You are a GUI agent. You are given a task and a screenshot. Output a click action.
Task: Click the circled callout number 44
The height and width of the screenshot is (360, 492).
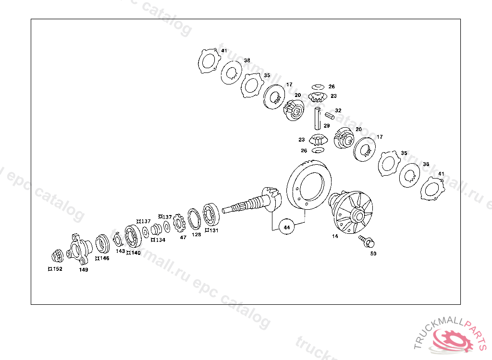(x=287, y=227)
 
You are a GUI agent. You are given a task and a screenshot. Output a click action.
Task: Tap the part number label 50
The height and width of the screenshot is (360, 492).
(x=373, y=253)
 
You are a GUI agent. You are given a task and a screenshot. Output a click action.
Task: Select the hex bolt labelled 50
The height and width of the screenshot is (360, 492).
(x=368, y=241)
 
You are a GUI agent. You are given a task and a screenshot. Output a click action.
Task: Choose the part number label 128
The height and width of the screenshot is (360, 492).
(x=197, y=235)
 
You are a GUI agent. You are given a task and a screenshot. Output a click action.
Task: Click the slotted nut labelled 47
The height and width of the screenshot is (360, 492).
(x=179, y=223)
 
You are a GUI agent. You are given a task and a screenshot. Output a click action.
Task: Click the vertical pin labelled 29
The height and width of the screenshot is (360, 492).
(x=317, y=118)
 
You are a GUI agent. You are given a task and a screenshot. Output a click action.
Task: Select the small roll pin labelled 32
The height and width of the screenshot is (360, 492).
(x=329, y=115)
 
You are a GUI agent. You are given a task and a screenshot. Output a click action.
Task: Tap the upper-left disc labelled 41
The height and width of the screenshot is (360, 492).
(x=209, y=62)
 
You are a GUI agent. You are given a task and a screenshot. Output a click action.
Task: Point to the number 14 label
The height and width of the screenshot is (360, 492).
(x=335, y=236)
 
